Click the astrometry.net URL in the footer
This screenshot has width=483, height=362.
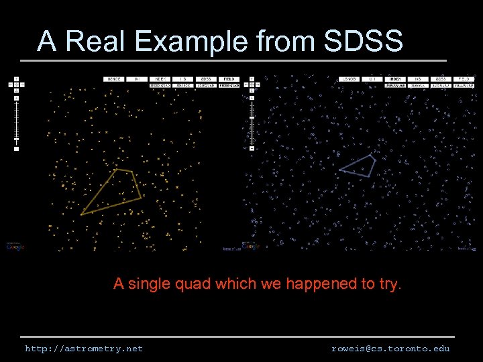pyautogui.click(x=84, y=349)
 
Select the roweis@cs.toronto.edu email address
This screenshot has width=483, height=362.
pyautogui.click(x=390, y=349)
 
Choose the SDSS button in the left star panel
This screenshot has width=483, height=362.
pyautogui.click(x=205, y=79)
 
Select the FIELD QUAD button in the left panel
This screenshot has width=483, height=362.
pyautogui.click(x=229, y=86)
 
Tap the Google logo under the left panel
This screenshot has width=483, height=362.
pyautogui.click(x=15, y=247)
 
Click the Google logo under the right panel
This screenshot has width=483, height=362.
pyautogui.click(x=250, y=247)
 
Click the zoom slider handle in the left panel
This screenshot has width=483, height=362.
pyautogui.click(x=16, y=139)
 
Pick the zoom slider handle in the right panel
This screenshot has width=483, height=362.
pyautogui.click(x=252, y=118)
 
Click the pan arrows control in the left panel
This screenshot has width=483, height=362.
pyautogui.click(x=16, y=84)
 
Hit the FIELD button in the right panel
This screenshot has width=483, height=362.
pyautogui.click(x=464, y=79)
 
